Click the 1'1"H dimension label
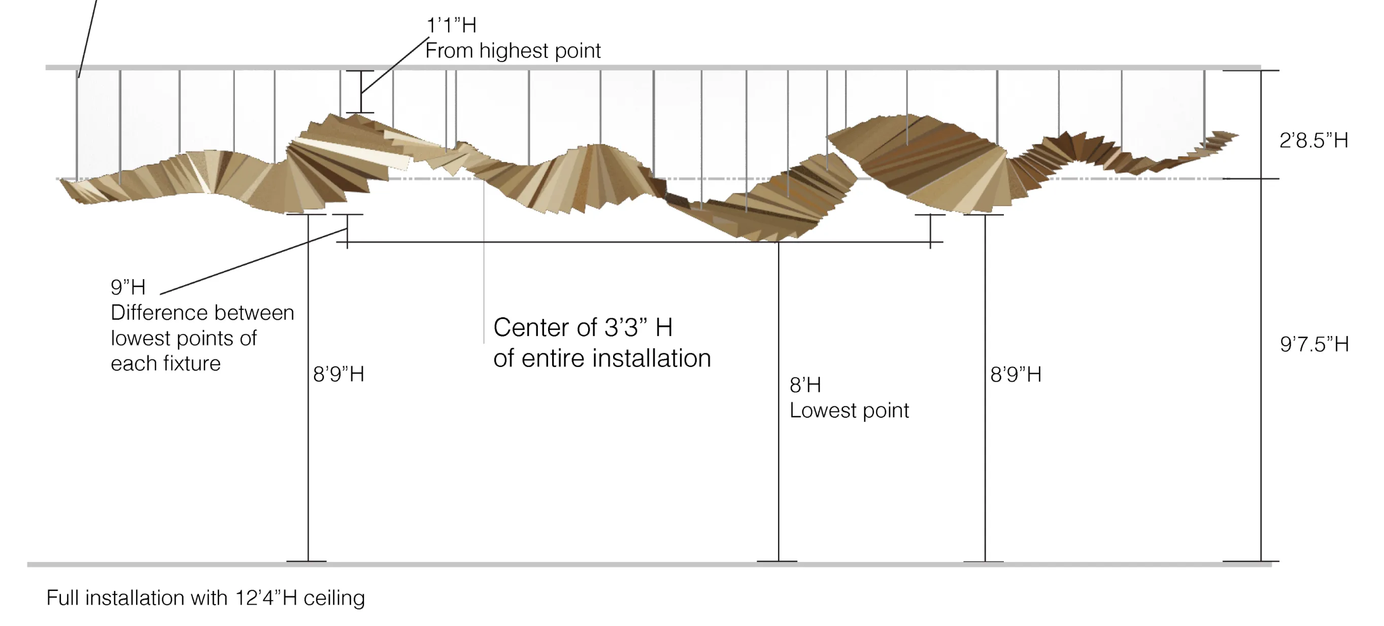click(x=451, y=25)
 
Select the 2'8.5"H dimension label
click(x=1313, y=141)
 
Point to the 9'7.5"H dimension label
click(x=1314, y=344)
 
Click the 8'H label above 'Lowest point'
click(x=805, y=385)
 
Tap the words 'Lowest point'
click(x=849, y=411)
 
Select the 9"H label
click(x=128, y=287)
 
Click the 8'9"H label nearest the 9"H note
click(x=339, y=375)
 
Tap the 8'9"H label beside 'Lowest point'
click(x=1016, y=375)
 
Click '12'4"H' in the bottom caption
click(x=266, y=598)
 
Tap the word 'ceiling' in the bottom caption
click(x=333, y=599)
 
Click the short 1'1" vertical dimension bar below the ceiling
click(x=360, y=92)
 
